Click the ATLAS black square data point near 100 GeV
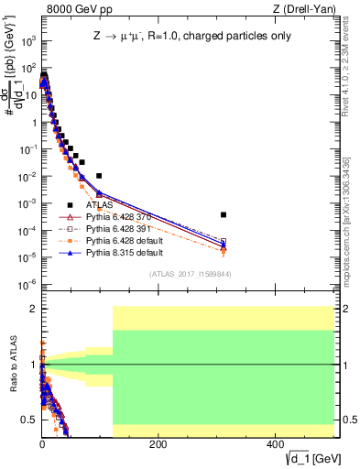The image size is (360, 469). point(99,175)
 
